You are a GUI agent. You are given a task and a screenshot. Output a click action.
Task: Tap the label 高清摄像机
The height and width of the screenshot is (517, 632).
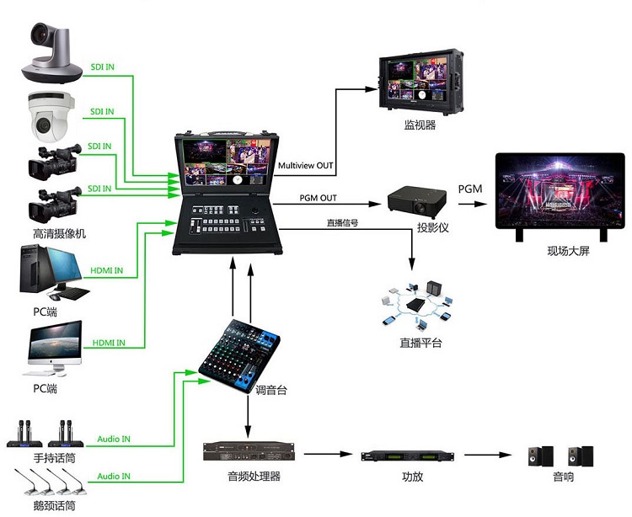point(53,233)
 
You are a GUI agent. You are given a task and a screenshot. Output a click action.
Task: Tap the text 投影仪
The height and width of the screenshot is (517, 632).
point(431,228)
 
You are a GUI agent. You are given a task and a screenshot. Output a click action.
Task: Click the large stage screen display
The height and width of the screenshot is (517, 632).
point(560,194)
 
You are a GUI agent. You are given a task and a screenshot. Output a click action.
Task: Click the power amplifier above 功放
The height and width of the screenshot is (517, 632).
point(412,456)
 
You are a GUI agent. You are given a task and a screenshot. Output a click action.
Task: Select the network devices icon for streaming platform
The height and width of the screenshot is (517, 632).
point(417,304)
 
